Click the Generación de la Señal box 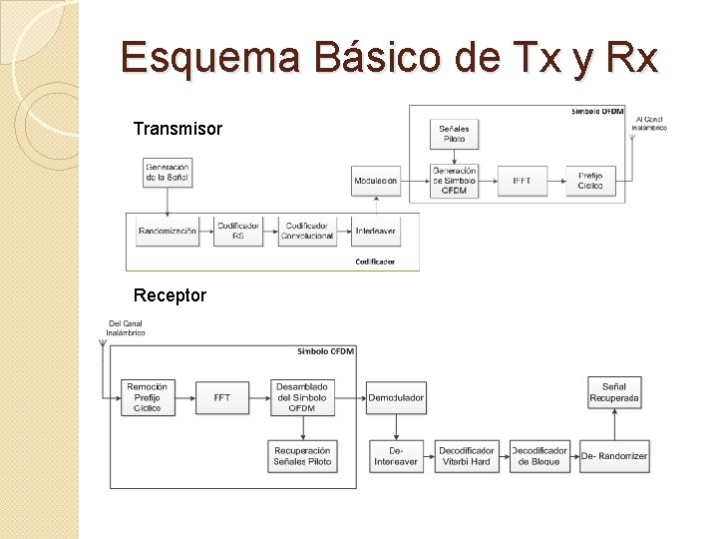coord(167,172)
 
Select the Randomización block coord(167,231)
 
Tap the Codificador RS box coord(237,231)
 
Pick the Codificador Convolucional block coord(307,231)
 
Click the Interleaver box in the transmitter coord(375,231)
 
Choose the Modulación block coord(375,181)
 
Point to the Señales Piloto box coord(454,133)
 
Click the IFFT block coord(523,181)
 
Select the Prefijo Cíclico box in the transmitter coord(590,181)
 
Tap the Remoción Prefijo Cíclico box coord(147,397)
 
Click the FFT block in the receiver coord(221,397)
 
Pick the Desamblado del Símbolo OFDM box coord(302,397)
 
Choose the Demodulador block coord(396,397)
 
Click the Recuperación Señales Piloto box coord(302,456)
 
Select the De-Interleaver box coord(396,456)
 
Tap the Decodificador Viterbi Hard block coord(466,456)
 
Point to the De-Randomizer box coord(614,456)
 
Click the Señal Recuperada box coord(614,392)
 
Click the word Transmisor coord(178,130)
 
